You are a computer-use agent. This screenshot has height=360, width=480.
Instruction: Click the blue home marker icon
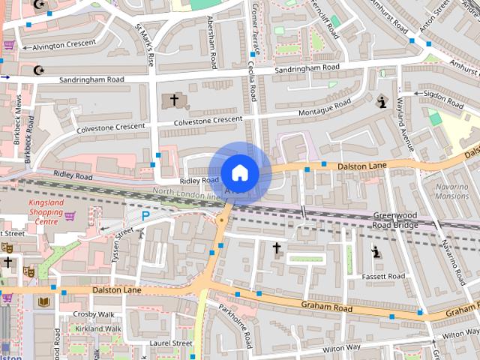(239, 173)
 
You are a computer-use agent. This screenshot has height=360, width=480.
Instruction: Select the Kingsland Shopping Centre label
(45, 211)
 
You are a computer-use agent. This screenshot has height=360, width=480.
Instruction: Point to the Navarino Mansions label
(451, 190)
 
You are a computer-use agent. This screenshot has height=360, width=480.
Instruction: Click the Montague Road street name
(325, 109)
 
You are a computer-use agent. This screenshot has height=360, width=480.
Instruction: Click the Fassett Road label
(384, 276)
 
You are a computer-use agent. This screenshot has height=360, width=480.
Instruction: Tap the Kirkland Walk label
(97, 328)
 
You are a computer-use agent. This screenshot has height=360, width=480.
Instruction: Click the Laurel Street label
(171, 343)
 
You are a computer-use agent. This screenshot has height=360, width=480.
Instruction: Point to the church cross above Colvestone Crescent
(175, 99)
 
